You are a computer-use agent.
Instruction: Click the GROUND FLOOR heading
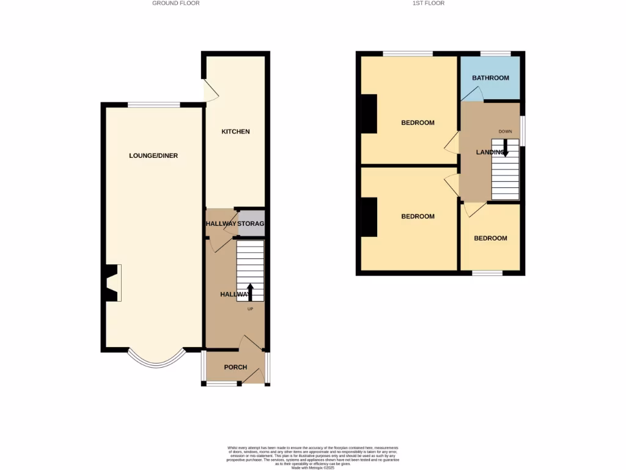(x=176, y=3)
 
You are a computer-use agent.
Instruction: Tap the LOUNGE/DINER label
(x=153, y=155)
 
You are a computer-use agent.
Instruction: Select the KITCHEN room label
(x=235, y=132)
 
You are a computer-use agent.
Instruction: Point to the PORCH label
(x=235, y=367)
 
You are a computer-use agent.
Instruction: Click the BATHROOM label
(x=490, y=78)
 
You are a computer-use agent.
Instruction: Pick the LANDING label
(x=490, y=152)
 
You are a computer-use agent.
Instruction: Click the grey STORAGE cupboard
(x=251, y=224)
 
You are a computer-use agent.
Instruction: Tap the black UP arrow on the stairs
(x=250, y=291)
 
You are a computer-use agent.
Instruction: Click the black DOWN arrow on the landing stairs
(x=505, y=149)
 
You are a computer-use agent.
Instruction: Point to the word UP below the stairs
(x=250, y=308)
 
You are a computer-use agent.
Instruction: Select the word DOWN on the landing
(x=505, y=132)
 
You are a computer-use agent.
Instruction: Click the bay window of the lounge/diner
(x=156, y=360)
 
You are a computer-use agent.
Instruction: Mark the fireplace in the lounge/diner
(x=112, y=283)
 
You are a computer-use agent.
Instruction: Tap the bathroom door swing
(x=473, y=93)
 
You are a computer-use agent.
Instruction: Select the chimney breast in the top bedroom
(x=369, y=114)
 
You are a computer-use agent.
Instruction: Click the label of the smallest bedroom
(x=490, y=238)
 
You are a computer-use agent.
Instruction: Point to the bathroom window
(x=495, y=54)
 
